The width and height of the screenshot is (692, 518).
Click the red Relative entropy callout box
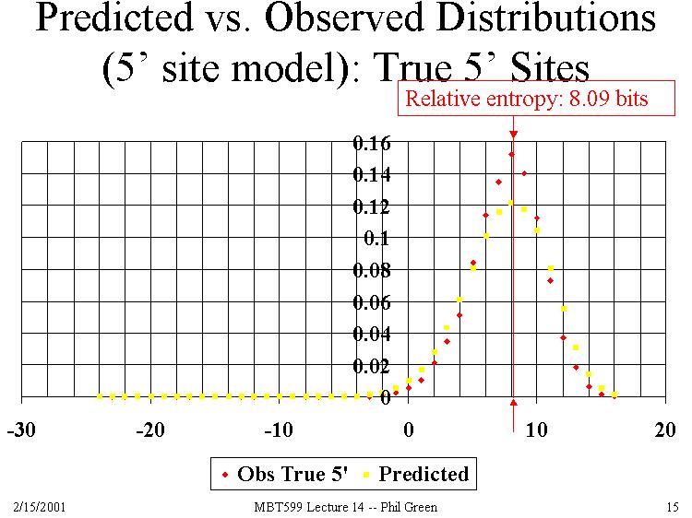(527, 100)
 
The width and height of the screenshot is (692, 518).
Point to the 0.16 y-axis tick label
(371, 143)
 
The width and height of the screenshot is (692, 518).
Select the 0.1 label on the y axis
(376, 239)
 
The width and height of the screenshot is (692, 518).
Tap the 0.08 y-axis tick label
(371, 271)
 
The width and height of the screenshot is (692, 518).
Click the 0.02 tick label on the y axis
(371, 367)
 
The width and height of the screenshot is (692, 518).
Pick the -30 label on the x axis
(21, 431)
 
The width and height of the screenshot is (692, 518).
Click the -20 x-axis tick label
(149, 431)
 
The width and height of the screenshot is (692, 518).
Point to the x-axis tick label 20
(663, 431)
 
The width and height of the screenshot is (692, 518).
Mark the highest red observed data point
(511, 154)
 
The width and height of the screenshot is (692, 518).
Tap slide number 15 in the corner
(671, 507)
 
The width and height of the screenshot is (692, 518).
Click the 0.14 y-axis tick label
(371, 175)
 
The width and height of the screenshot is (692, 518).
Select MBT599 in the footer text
(274, 507)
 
